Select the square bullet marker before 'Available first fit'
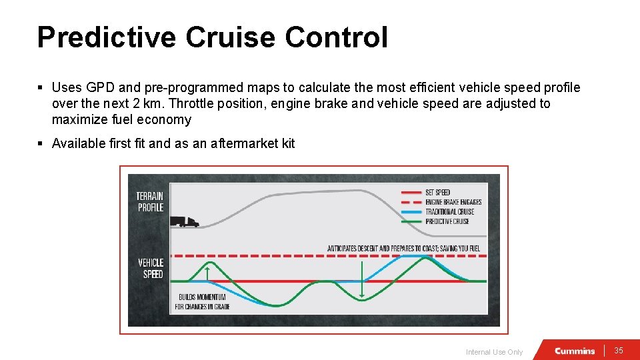(41, 143)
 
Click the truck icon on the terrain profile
(184, 221)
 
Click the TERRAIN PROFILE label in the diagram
(150, 202)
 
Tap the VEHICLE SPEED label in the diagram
(150, 269)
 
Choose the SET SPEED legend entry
(437, 193)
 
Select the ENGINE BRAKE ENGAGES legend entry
(453, 202)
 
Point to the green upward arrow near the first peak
(207, 273)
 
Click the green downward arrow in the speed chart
(361, 280)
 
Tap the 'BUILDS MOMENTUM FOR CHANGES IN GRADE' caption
(202, 302)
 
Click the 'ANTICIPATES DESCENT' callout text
(403, 249)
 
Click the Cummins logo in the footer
(575, 351)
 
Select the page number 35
(618, 351)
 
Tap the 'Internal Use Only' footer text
(494, 352)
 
